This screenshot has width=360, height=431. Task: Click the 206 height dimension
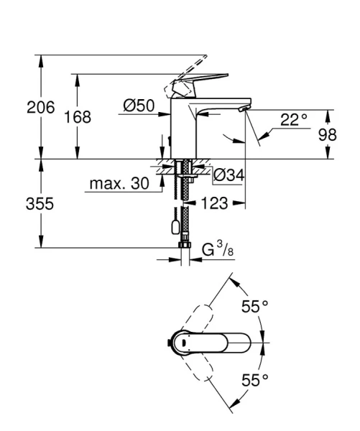coord(41,108)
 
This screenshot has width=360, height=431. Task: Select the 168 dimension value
coord(78,117)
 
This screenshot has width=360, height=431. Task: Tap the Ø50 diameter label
coord(139,106)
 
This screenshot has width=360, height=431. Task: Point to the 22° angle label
coord(292,120)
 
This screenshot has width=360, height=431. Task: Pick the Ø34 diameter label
coord(229,174)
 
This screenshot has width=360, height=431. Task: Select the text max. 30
coord(119,184)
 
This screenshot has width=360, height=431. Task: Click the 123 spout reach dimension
coord(216,203)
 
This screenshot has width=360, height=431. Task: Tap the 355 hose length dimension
coord(41,203)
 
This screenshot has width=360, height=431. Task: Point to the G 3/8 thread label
coord(216,251)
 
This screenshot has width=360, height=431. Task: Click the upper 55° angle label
coord(254,307)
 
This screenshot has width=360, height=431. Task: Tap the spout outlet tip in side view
coord(243,108)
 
